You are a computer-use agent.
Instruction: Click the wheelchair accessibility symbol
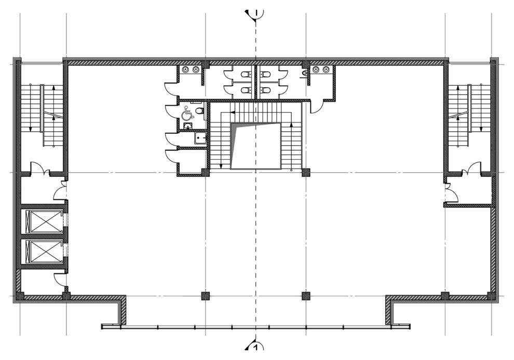click(x=186, y=114)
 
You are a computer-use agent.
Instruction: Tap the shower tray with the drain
click(x=200, y=138)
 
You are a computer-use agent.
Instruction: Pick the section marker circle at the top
click(x=256, y=13)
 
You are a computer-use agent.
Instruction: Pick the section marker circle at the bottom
click(x=256, y=347)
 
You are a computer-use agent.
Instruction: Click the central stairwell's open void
click(x=256, y=146)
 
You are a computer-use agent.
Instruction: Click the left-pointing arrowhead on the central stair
click(x=232, y=113)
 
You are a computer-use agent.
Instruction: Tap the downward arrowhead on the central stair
click(x=221, y=166)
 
